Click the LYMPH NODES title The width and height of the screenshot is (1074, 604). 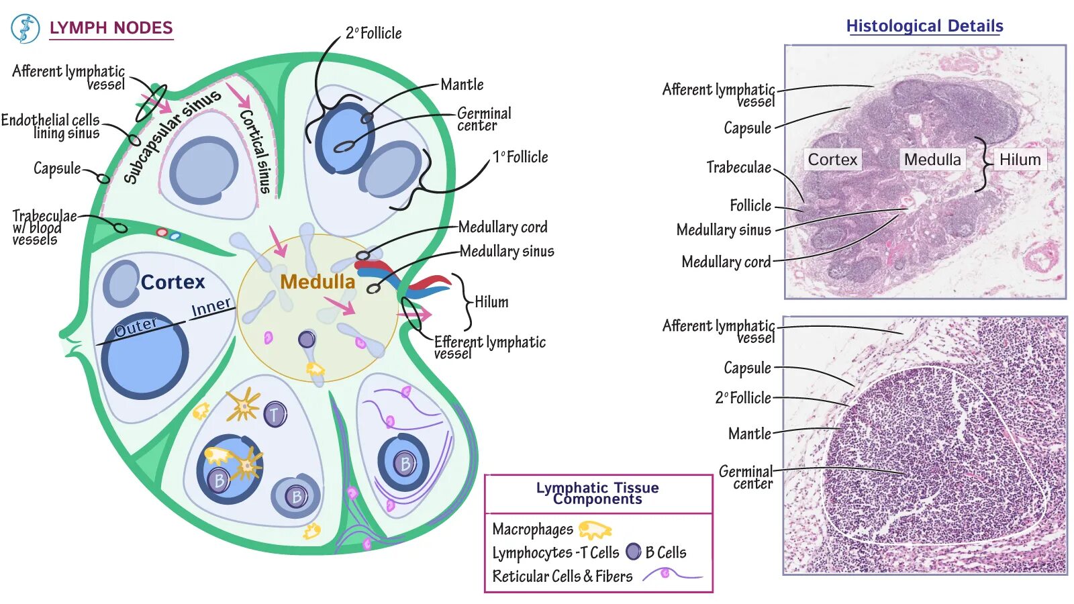click(x=111, y=28)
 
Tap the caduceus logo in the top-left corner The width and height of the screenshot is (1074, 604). click(x=26, y=29)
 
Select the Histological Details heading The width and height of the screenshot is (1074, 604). click(x=924, y=26)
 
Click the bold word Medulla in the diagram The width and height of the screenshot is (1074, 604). click(x=318, y=282)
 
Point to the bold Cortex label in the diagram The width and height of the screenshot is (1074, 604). click(x=173, y=282)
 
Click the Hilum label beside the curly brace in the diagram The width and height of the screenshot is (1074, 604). click(x=491, y=302)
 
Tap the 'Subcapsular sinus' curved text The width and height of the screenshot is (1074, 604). click(x=172, y=135)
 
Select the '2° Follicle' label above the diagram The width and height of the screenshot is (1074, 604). click(x=373, y=33)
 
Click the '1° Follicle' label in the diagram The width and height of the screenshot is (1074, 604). click(x=520, y=157)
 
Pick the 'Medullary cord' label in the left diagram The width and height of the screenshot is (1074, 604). click(x=503, y=227)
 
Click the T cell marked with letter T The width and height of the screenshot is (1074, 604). click(x=275, y=415)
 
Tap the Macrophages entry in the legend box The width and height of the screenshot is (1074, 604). click(x=532, y=530)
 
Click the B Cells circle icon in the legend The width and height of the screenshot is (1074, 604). click(x=634, y=552)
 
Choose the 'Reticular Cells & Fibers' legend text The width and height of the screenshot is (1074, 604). click(x=563, y=576)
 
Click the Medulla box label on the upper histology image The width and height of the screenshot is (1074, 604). click(x=932, y=160)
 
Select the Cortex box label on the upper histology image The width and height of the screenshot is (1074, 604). click(x=832, y=160)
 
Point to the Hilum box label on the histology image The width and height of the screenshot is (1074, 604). click(x=1020, y=160)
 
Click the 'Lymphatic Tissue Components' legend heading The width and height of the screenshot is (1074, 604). click(x=597, y=493)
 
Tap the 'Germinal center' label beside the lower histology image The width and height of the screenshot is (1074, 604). click(x=746, y=477)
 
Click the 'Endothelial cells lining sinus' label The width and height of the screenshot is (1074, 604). click(x=51, y=126)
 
